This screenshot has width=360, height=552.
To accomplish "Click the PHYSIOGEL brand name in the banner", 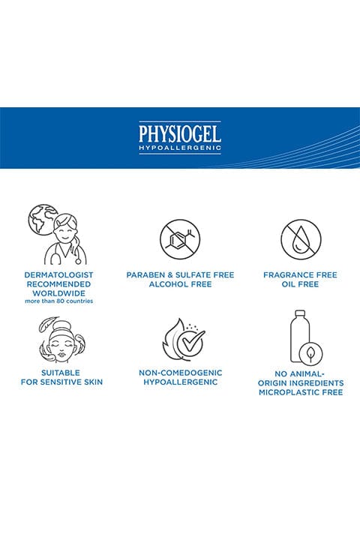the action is [x=180, y=133].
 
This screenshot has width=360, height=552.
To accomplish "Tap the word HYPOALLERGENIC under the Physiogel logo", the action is [x=180, y=148].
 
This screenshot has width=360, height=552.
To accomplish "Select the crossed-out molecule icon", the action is [x=180, y=239].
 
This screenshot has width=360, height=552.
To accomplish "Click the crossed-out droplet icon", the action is [x=301, y=239].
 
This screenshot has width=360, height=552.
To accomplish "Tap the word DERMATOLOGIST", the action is [x=58, y=275].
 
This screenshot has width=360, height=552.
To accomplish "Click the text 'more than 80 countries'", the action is [x=58, y=301].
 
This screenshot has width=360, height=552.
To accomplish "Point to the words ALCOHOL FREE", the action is [x=180, y=284].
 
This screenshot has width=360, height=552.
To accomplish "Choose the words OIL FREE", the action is [x=300, y=284].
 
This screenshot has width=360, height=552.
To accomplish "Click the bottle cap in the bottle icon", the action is [x=300, y=313].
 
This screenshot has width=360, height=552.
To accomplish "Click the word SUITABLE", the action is [x=61, y=373].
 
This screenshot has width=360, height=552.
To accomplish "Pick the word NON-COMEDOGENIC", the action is [x=180, y=373].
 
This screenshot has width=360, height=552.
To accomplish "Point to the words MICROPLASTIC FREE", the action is [x=301, y=392].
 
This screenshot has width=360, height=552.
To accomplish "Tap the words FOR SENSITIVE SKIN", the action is [x=61, y=382].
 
